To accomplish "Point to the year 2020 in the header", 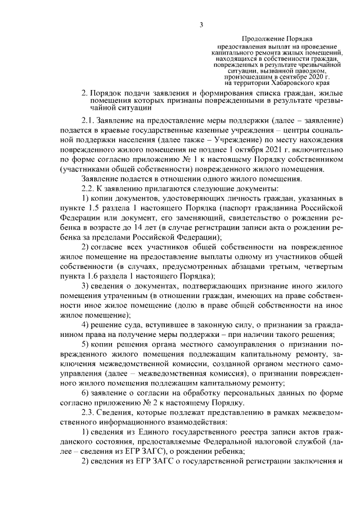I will tap(317, 76).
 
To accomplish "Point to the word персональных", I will tap(247, 394).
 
